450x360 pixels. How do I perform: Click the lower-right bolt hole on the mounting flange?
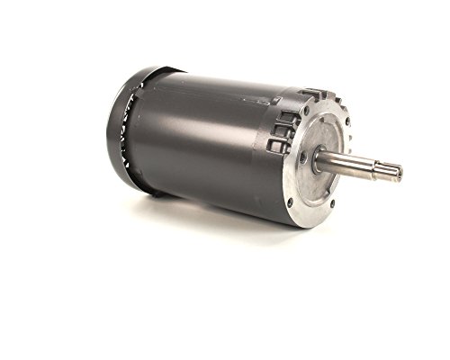click(352, 203)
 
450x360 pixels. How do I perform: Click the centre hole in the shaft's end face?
click(397, 171)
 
